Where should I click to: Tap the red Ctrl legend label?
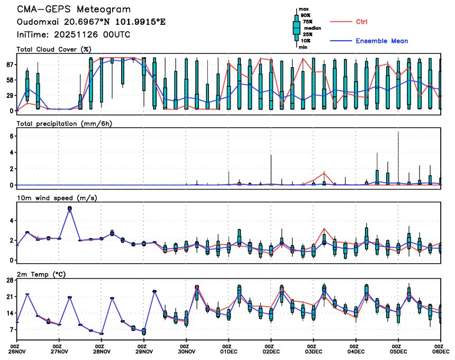[361, 22]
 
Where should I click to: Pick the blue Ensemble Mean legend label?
[381, 41]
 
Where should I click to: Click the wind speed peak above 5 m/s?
[70, 209]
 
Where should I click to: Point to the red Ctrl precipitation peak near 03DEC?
[324, 173]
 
